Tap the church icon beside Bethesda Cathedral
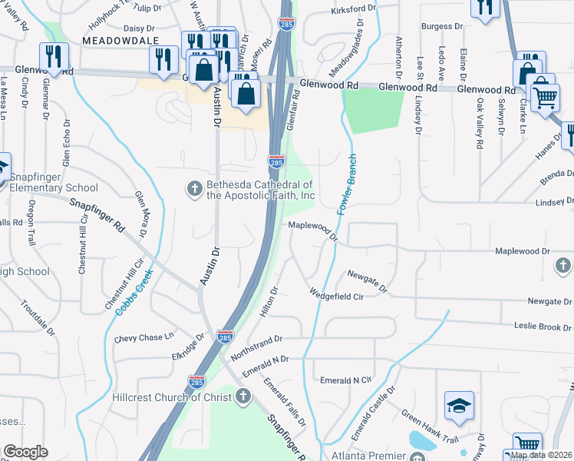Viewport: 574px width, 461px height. pyautogui.click(x=195, y=188)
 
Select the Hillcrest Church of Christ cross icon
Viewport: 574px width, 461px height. pyautogui.click(x=243, y=396)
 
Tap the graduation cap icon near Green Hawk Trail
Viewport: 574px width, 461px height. pyautogui.click(x=459, y=406)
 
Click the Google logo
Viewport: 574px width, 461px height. pyautogui.click(x=25, y=452)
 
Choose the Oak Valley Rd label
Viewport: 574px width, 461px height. pyautogui.click(x=478, y=124)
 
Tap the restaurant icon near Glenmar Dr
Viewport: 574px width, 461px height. pyautogui.click(x=54, y=55)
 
